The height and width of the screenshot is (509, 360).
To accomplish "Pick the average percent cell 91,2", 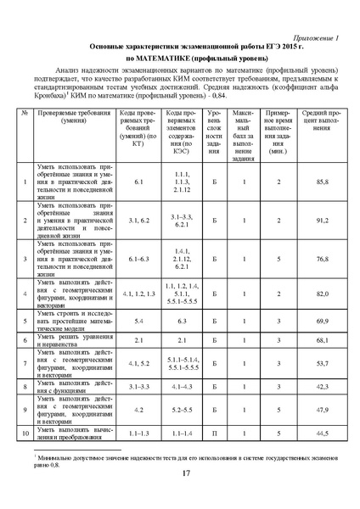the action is [x=322, y=220].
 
